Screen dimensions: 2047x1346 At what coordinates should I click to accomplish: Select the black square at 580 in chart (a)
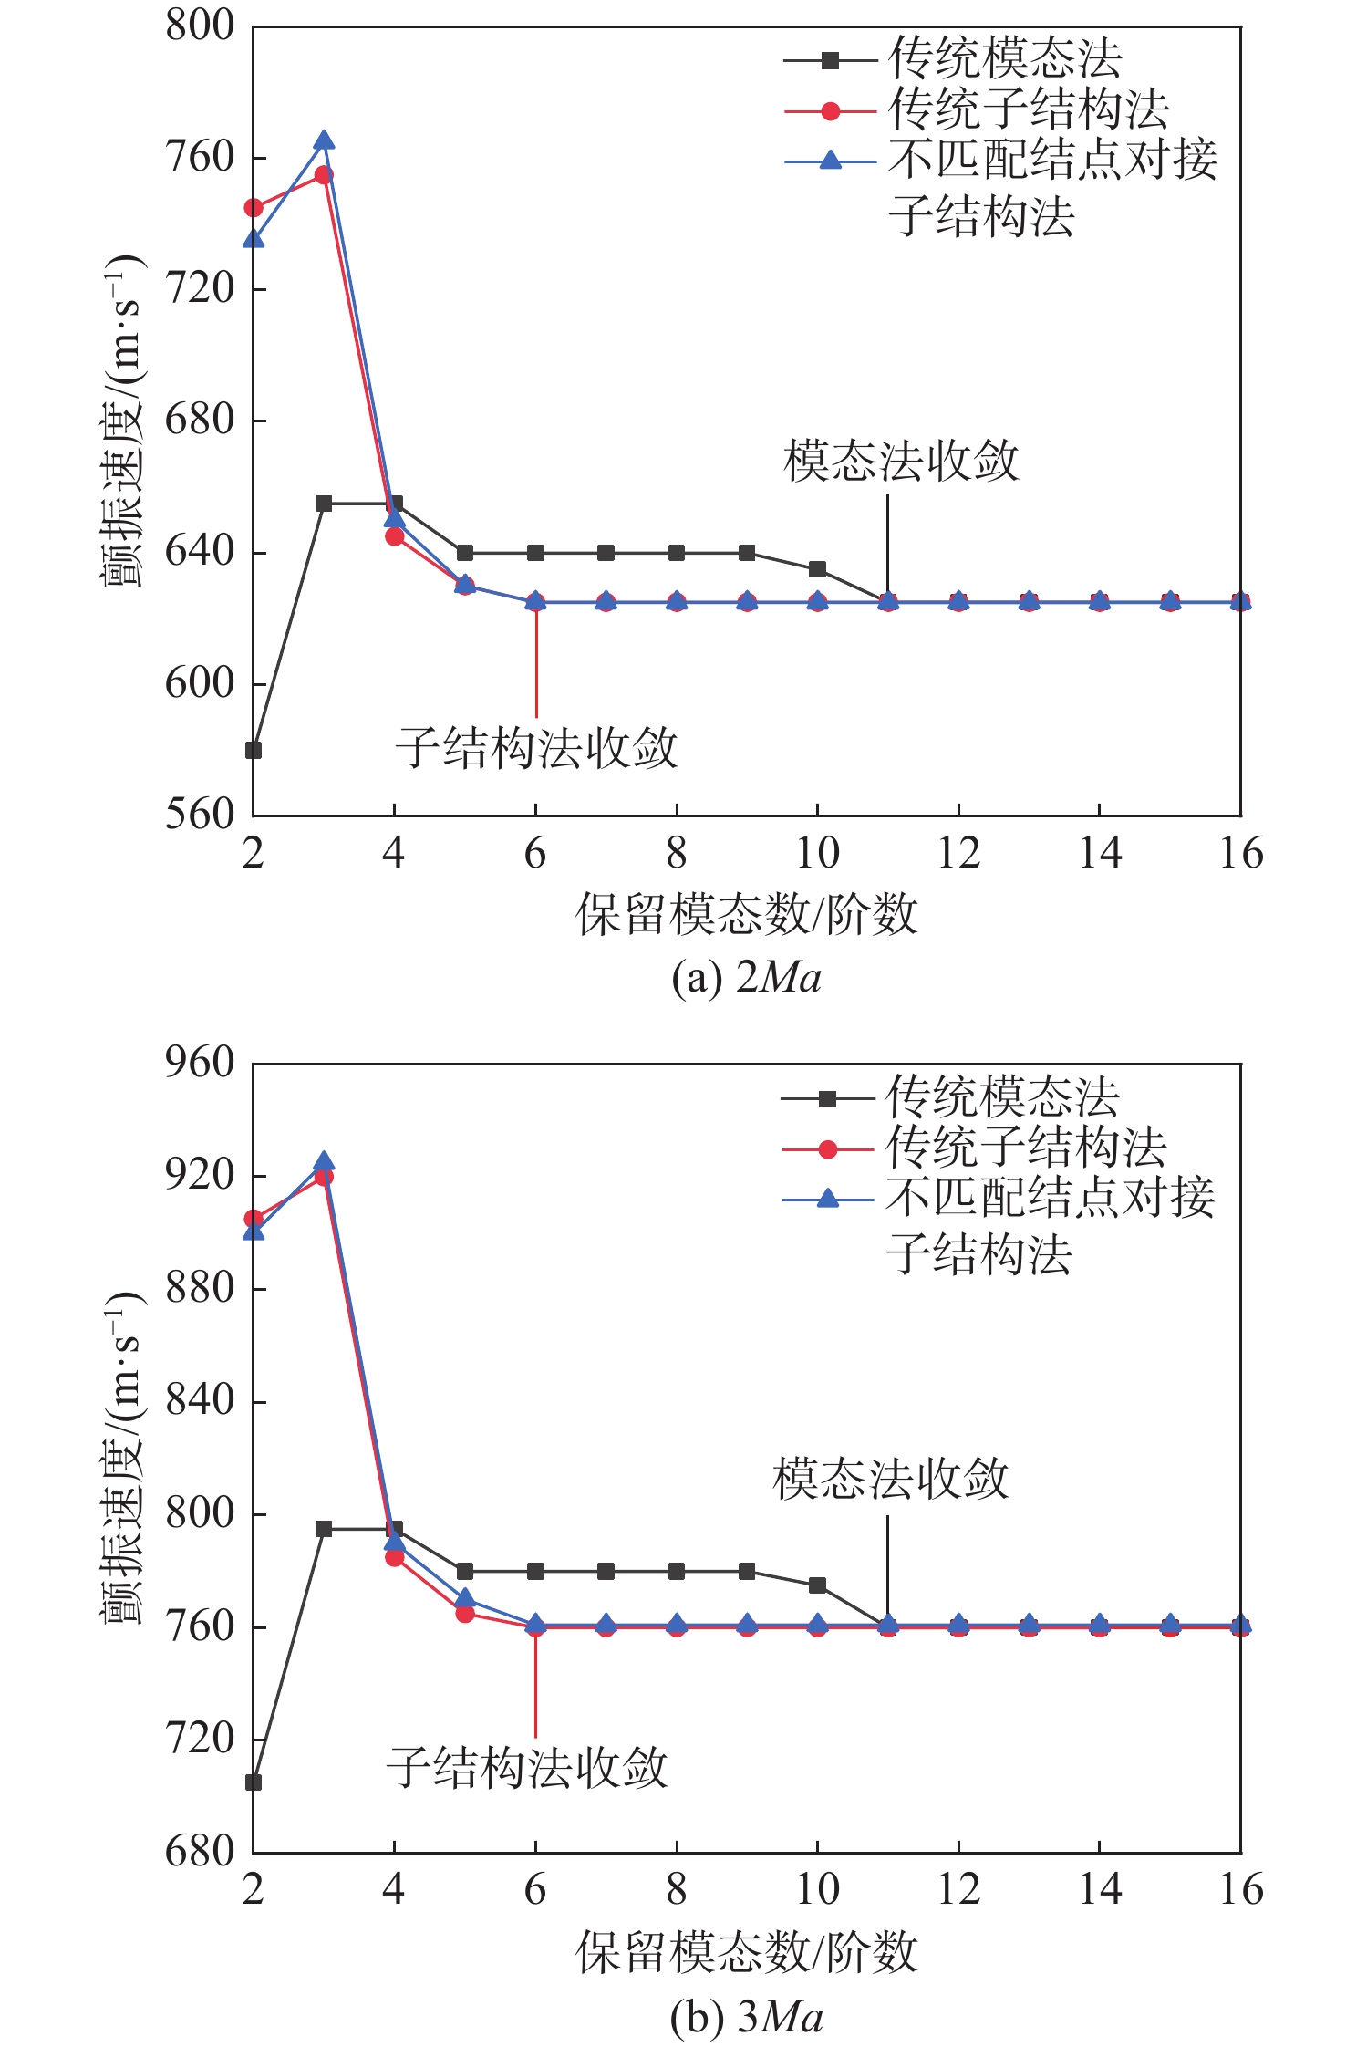pyautogui.click(x=254, y=751)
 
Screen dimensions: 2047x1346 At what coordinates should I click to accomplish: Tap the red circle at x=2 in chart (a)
pyautogui.click(x=254, y=208)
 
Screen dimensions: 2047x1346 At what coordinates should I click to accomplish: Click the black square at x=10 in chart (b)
pyautogui.click(x=818, y=1585)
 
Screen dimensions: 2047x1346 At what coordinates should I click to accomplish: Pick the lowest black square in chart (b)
pyautogui.click(x=254, y=1782)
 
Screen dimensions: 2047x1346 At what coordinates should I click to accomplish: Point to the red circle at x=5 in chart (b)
pyautogui.click(x=465, y=1613)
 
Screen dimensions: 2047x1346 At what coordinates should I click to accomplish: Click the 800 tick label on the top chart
pyautogui.click(x=200, y=26)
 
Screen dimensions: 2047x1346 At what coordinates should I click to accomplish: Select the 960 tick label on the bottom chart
pyautogui.click(x=200, y=1063)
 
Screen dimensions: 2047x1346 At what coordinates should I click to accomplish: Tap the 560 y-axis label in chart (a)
pyautogui.click(x=200, y=814)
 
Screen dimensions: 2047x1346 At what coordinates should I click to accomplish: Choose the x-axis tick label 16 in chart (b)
pyautogui.click(x=1241, y=1890)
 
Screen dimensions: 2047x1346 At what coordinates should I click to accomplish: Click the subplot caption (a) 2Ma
pyautogui.click(x=746, y=978)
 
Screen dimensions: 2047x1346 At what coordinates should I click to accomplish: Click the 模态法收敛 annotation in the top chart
pyautogui.click(x=900, y=462)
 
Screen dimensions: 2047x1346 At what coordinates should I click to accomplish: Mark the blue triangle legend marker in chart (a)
pyautogui.click(x=830, y=161)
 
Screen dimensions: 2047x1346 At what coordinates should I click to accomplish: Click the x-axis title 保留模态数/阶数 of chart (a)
pyautogui.click(x=746, y=914)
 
